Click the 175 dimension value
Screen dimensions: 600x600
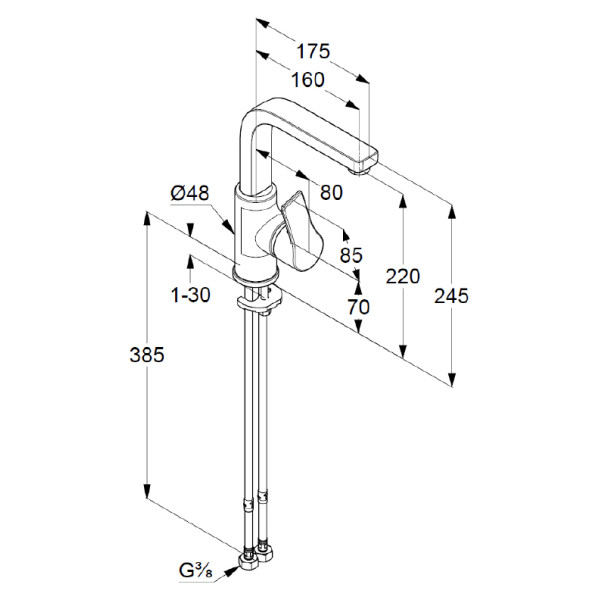pyautogui.click(x=313, y=51)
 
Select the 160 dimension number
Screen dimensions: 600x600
pyautogui.click(x=308, y=80)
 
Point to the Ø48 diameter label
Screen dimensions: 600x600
pyautogui.click(x=190, y=193)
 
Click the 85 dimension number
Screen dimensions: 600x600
pyautogui.click(x=350, y=255)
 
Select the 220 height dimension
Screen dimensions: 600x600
pyautogui.click(x=403, y=277)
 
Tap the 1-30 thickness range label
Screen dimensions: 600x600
pyautogui.click(x=189, y=296)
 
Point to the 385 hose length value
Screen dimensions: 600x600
pyautogui.click(x=146, y=354)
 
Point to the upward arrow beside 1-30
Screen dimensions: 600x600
pyautogui.click(x=189, y=262)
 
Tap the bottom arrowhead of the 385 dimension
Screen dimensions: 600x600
pyautogui.click(x=148, y=497)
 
